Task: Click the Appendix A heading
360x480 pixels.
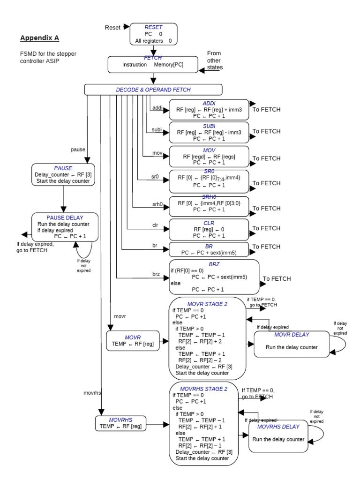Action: pos(40,37)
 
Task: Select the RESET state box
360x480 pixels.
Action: pos(153,34)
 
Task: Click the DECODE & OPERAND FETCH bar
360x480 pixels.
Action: pos(153,90)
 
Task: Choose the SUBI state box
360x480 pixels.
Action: pos(209,133)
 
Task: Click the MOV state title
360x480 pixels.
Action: pos(209,149)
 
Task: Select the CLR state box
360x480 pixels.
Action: pos(209,230)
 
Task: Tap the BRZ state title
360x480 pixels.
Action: pos(214,264)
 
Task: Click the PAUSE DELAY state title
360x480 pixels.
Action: pos(65,217)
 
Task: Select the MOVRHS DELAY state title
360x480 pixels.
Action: pos(278,427)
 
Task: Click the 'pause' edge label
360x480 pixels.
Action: pos(78,150)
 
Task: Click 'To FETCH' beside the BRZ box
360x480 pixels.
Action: pos(277,278)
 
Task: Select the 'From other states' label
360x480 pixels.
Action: pos(214,60)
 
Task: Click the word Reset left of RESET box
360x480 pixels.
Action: pos(113,28)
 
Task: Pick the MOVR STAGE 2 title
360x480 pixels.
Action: pos(207,304)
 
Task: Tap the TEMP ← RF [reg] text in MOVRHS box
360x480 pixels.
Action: pos(120,426)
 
